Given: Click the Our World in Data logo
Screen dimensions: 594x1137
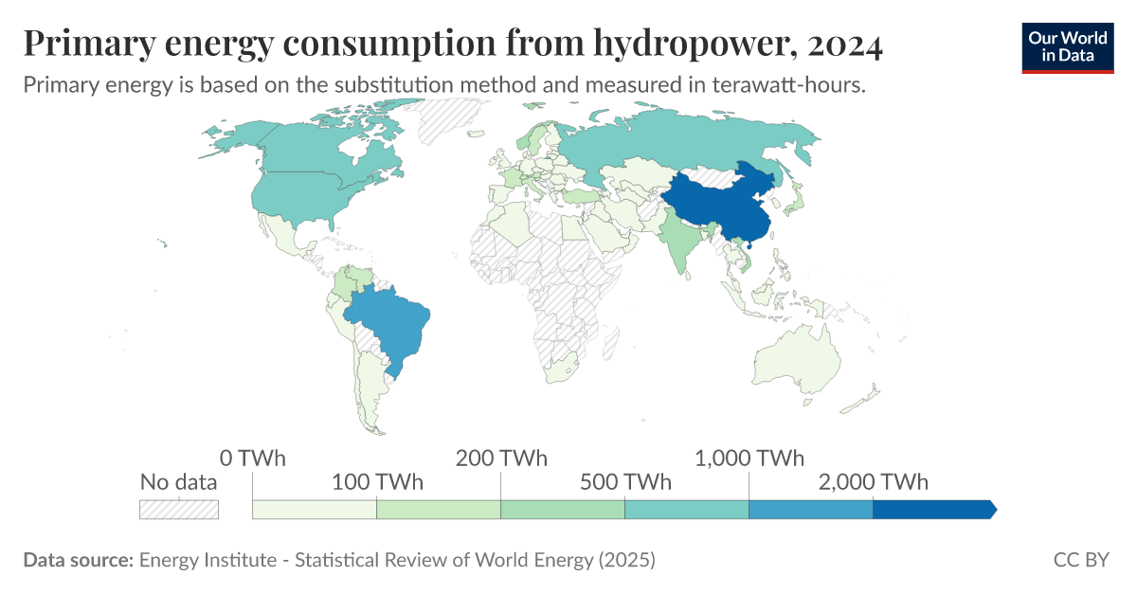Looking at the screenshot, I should (x=1068, y=46).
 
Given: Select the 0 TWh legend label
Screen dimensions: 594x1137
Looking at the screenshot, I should (x=252, y=459).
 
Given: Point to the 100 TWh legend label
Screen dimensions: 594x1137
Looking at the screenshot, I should (x=376, y=482).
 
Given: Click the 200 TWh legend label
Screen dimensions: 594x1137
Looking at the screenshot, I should (x=501, y=459).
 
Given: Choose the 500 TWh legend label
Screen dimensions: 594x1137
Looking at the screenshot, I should (x=624, y=482).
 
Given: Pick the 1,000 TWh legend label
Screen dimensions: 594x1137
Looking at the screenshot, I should (x=749, y=459).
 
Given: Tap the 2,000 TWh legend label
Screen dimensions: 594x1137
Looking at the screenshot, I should (x=873, y=482).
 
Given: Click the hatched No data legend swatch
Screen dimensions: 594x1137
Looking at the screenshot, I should (x=179, y=509).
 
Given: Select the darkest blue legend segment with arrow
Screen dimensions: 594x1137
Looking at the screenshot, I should (x=933, y=509).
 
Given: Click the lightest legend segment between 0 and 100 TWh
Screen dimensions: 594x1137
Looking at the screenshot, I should (x=315, y=509).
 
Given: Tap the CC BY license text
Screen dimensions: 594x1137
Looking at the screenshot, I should (x=1080, y=560).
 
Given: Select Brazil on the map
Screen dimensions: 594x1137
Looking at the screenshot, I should (x=388, y=322).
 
